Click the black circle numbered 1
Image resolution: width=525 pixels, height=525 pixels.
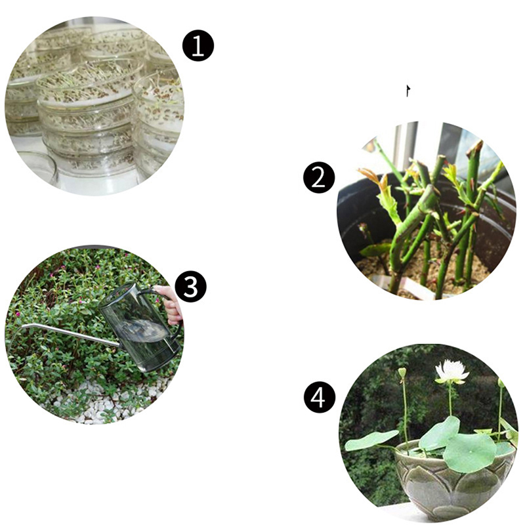[198, 46]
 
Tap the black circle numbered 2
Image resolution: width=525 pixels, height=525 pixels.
[319, 178]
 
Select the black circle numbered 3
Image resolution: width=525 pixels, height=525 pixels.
[191, 287]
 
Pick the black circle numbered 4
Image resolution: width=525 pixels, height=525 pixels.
[320, 398]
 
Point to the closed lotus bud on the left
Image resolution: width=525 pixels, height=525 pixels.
[402, 372]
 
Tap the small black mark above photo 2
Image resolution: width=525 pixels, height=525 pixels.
[408, 91]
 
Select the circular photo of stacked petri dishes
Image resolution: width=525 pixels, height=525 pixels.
[94, 106]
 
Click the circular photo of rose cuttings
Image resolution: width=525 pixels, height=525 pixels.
[426, 210]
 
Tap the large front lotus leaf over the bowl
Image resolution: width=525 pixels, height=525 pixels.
[469, 452]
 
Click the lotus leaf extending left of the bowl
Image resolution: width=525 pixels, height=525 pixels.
[371, 440]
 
